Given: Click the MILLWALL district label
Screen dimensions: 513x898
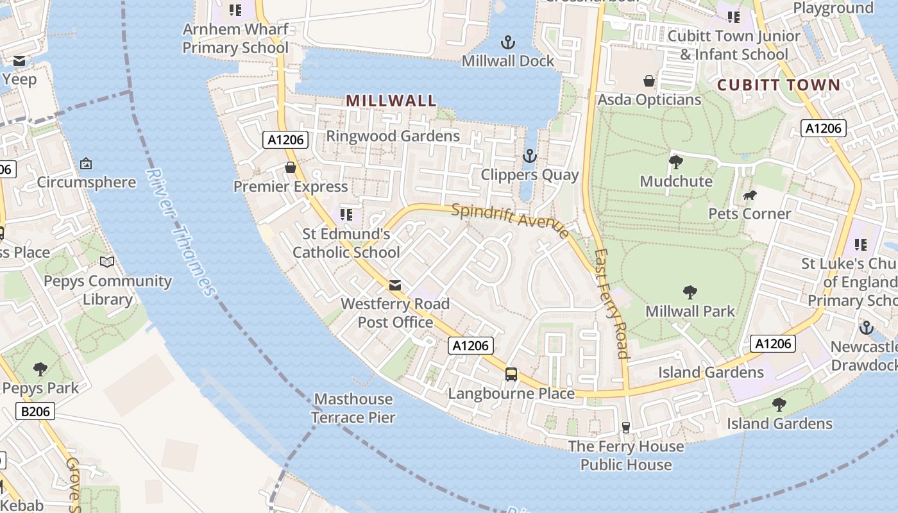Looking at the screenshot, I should click(391, 101).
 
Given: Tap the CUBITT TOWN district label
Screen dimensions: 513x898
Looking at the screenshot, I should click(778, 85).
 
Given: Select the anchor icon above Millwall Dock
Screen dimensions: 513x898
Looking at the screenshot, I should click(507, 43).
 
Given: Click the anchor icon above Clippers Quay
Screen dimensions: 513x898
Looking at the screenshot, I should click(529, 156).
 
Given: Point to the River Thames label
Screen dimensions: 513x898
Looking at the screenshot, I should click(180, 232).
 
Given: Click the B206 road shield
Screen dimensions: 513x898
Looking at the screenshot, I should click(35, 411).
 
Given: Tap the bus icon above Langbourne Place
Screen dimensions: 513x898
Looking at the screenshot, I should click(511, 374).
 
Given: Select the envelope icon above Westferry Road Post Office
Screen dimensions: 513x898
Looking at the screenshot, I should click(395, 285).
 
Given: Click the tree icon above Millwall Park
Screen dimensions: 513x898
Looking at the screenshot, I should click(690, 293).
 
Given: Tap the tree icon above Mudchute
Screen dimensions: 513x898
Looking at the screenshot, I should click(675, 162).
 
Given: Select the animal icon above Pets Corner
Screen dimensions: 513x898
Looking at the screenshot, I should click(749, 195).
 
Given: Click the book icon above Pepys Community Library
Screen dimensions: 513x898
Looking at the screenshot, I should click(107, 262).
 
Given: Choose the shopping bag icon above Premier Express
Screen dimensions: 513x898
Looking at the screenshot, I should click(291, 168).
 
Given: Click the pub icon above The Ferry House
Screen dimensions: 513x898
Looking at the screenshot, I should click(626, 428).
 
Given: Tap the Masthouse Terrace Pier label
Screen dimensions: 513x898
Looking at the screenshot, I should click(353, 408).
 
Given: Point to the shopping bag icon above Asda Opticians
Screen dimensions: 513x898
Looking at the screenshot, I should click(649, 81).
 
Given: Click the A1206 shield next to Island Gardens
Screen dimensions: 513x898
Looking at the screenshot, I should click(773, 344).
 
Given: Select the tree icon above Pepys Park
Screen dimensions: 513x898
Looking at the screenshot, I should click(40, 369).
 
